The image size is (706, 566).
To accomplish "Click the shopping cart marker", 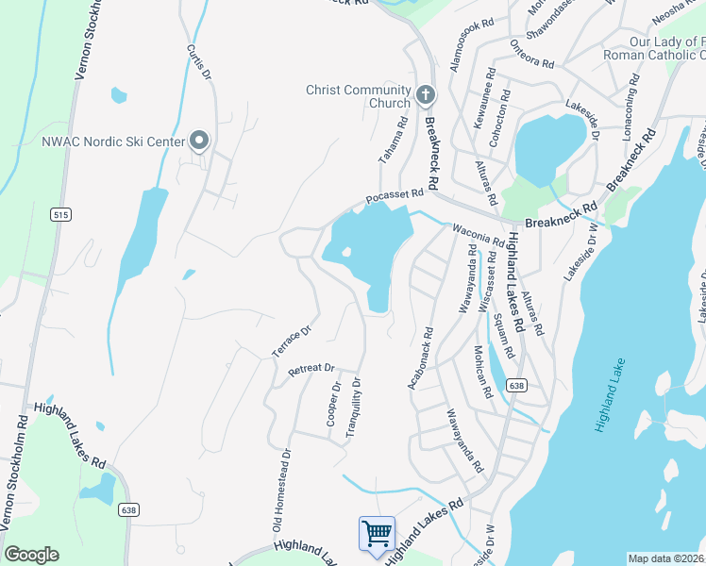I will coord(377,533).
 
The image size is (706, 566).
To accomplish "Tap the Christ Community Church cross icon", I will coord(425,96).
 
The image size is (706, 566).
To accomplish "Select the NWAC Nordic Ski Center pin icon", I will coord(199,141).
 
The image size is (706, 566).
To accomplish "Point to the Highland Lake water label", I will coord(609,394).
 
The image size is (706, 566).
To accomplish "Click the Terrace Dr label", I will coord(292,341).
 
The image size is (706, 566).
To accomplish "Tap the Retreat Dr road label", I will coord(311,369).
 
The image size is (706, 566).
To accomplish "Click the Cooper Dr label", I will coord(333,404).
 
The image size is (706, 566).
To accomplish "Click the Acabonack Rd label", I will coord(420,358).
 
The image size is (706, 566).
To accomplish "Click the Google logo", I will coord(31,555).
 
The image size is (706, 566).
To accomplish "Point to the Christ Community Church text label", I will coord(358,96).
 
